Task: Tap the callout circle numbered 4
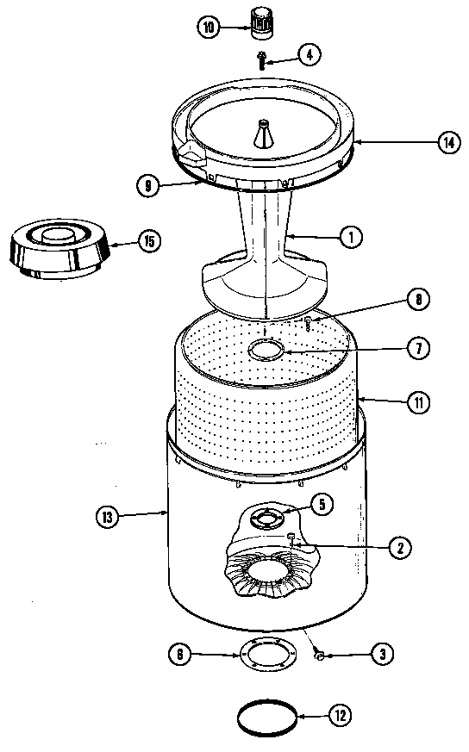tap(310, 54)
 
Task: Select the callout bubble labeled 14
tap(446, 143)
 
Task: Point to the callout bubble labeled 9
tap(149, 183)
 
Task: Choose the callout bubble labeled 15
tap(148, 241)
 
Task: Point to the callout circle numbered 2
tap(399, 545)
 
